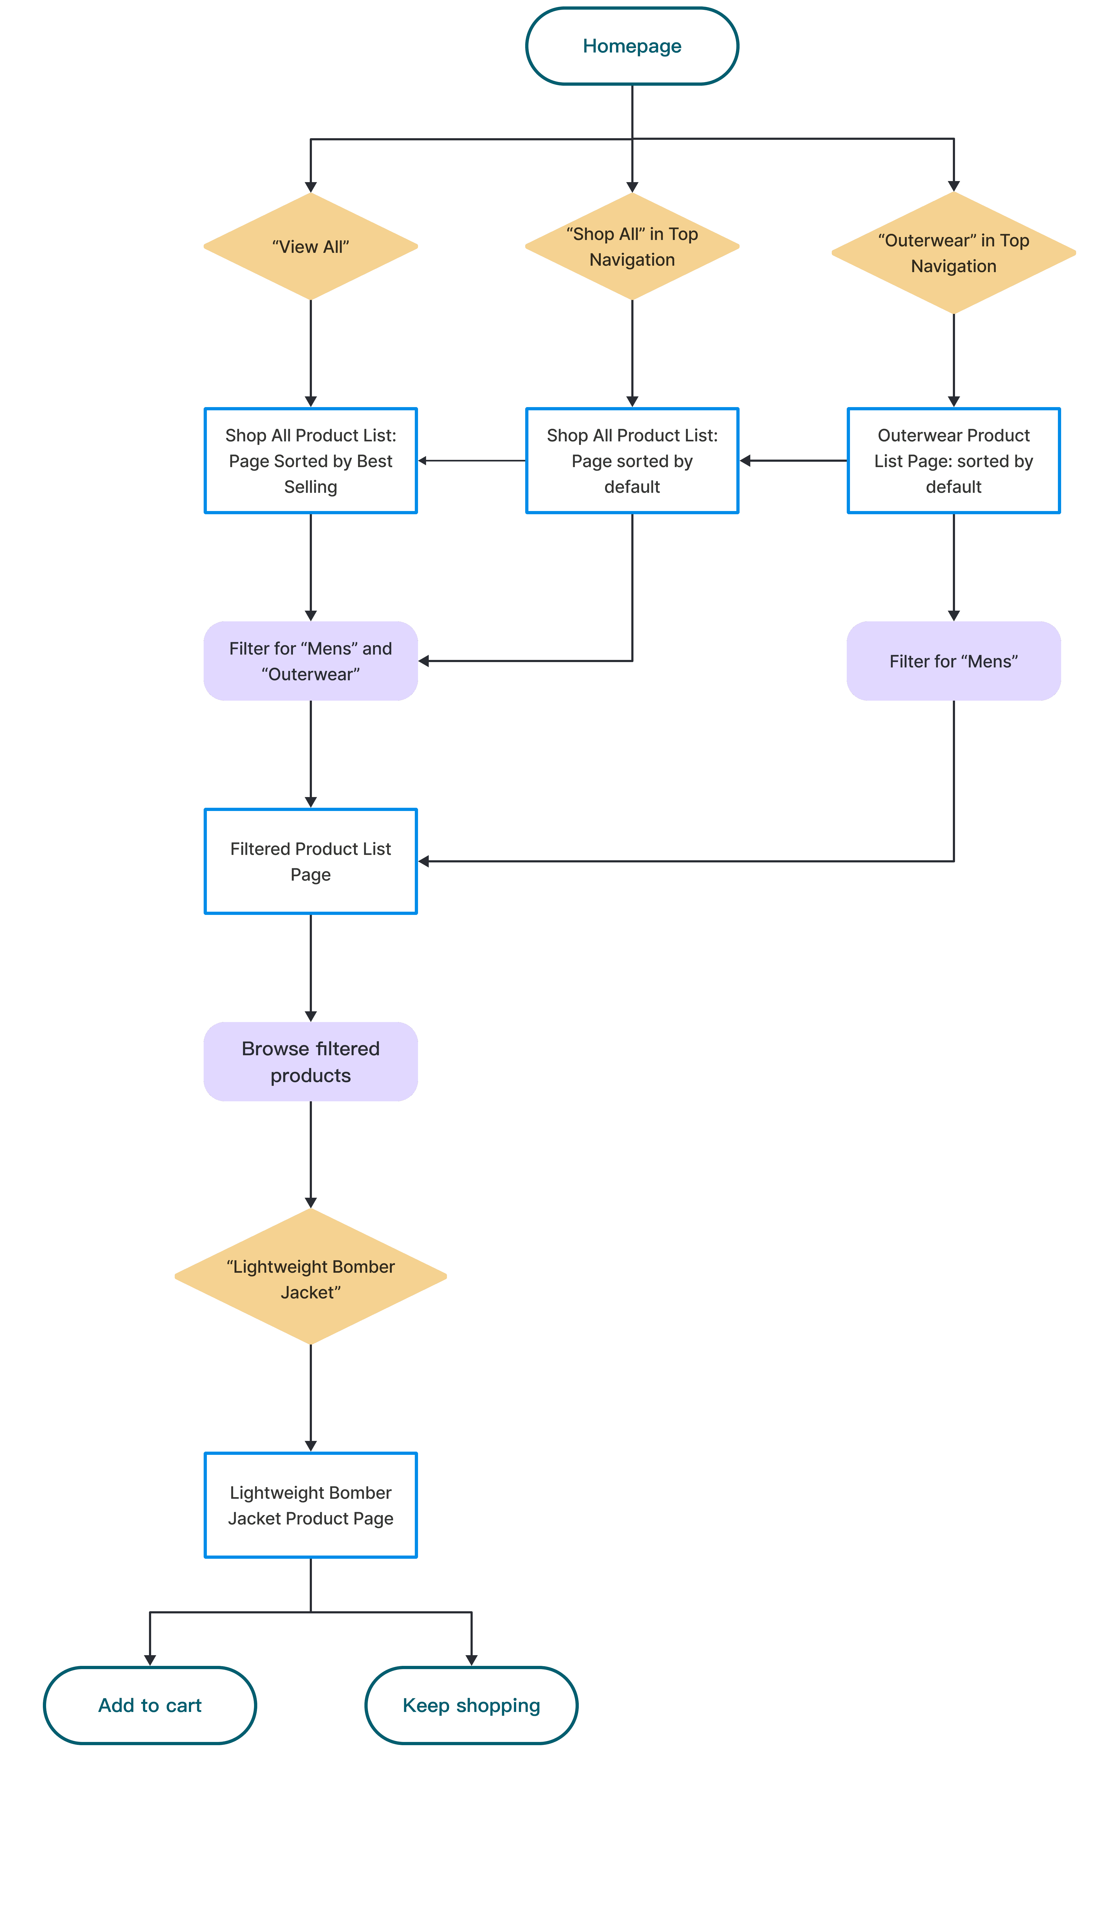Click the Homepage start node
click(x=632, y=46)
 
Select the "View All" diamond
click(x=311, y=246)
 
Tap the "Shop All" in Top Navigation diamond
click(x=632, y=246)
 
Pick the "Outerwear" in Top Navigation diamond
click(x=953, y=253)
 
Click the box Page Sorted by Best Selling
click(x=311, y=461)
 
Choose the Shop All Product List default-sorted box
click(x=632, y=461)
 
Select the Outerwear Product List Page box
click(x=953, y=461)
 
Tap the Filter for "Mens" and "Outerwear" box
click(x=311, y=661)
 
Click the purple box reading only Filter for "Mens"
click(x=953, y=661)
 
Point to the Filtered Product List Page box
click(x=311, y=862)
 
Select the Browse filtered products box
click(x=311, y=1061)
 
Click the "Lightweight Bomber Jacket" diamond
click(x=311, y=1277)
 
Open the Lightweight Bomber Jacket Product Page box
click(x=311, y=1505)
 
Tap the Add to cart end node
click(x=150, y=1706)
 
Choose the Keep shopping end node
click(x=472, y=1706)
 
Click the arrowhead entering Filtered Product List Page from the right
click(x=424, y=862)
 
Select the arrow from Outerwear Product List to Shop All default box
click(x=793, y=461)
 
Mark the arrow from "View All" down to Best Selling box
click(x=311, y=353)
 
